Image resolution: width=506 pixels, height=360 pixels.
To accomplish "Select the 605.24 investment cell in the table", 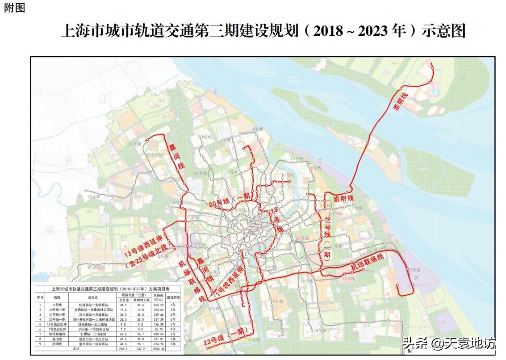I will coord(159,304).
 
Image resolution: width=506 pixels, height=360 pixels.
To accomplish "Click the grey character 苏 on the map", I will coord(69,163).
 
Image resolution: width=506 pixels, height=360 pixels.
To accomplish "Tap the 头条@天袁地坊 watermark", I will coord(449,343).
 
